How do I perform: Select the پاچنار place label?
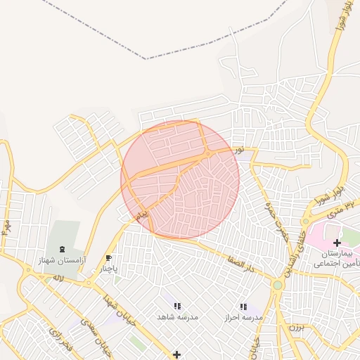pos(108,269)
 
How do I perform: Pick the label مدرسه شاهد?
pos(178,318)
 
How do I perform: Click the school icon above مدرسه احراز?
pos(243,307)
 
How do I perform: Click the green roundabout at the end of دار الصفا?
pos(278,285)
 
